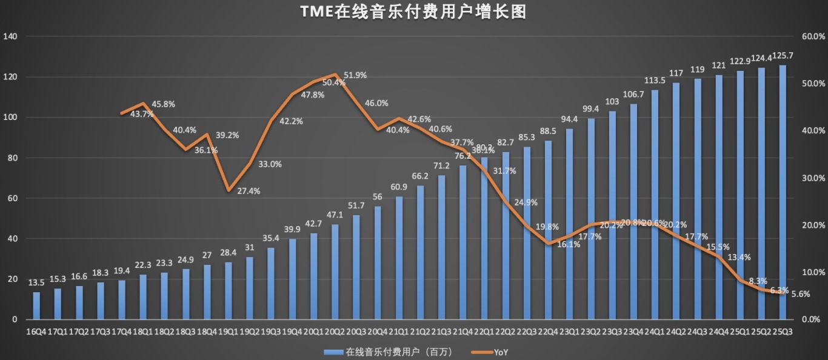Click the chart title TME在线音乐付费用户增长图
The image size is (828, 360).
pos(413,12)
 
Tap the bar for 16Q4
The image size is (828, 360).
pos(36,305)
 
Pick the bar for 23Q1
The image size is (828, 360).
pos(570,224)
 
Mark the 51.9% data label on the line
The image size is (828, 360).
pos(355,75)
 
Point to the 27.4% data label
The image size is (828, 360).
pos(248,191)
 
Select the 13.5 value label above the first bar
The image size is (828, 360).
pos(38,282)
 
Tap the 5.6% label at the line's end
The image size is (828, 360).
pos(801,294)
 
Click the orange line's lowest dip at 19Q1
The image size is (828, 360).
pos(228,190)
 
